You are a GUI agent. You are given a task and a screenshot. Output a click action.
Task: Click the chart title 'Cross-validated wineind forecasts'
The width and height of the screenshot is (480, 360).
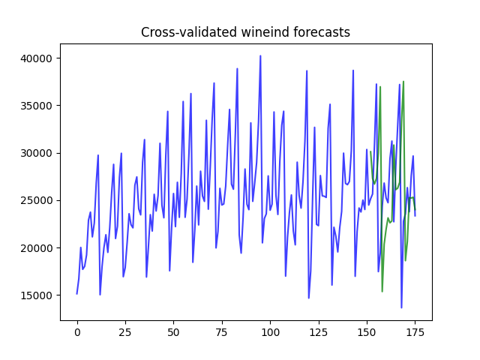click(245, 32)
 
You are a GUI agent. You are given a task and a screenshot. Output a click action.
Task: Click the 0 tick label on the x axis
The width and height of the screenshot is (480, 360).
click(77, 332)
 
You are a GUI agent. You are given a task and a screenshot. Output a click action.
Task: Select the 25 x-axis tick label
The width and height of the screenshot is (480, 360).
click(125, 332)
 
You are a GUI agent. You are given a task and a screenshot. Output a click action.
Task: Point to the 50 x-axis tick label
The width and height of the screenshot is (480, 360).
click(174, 332)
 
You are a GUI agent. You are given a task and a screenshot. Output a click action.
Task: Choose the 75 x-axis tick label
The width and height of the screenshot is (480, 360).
click(222, 332)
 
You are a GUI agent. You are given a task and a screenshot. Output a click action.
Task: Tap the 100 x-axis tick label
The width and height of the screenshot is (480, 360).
click(270, 332)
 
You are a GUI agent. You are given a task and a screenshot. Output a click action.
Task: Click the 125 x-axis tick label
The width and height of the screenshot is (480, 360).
click(319, 332)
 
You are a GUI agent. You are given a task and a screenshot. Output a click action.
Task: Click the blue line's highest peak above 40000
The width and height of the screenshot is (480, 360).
click(260, 55)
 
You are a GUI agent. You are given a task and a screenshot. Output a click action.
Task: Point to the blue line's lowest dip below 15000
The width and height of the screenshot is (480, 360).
click(401, 307)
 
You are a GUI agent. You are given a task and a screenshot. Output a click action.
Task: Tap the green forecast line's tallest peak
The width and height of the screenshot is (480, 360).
click(403, 82)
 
